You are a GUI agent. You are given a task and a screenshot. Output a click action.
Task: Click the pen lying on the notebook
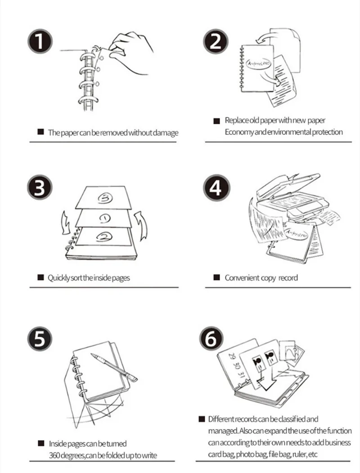pos(112,367)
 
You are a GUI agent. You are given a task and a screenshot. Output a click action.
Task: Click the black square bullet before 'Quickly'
pos(40,277)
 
